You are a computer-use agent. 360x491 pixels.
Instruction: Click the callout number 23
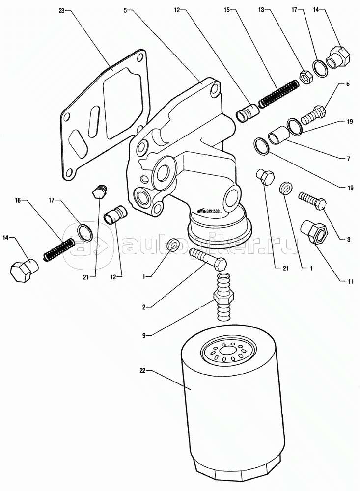click(x=61, y=10)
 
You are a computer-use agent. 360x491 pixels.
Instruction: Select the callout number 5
click(x=126, y=10)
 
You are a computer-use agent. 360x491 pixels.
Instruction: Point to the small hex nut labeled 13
click(x=304, y=76)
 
